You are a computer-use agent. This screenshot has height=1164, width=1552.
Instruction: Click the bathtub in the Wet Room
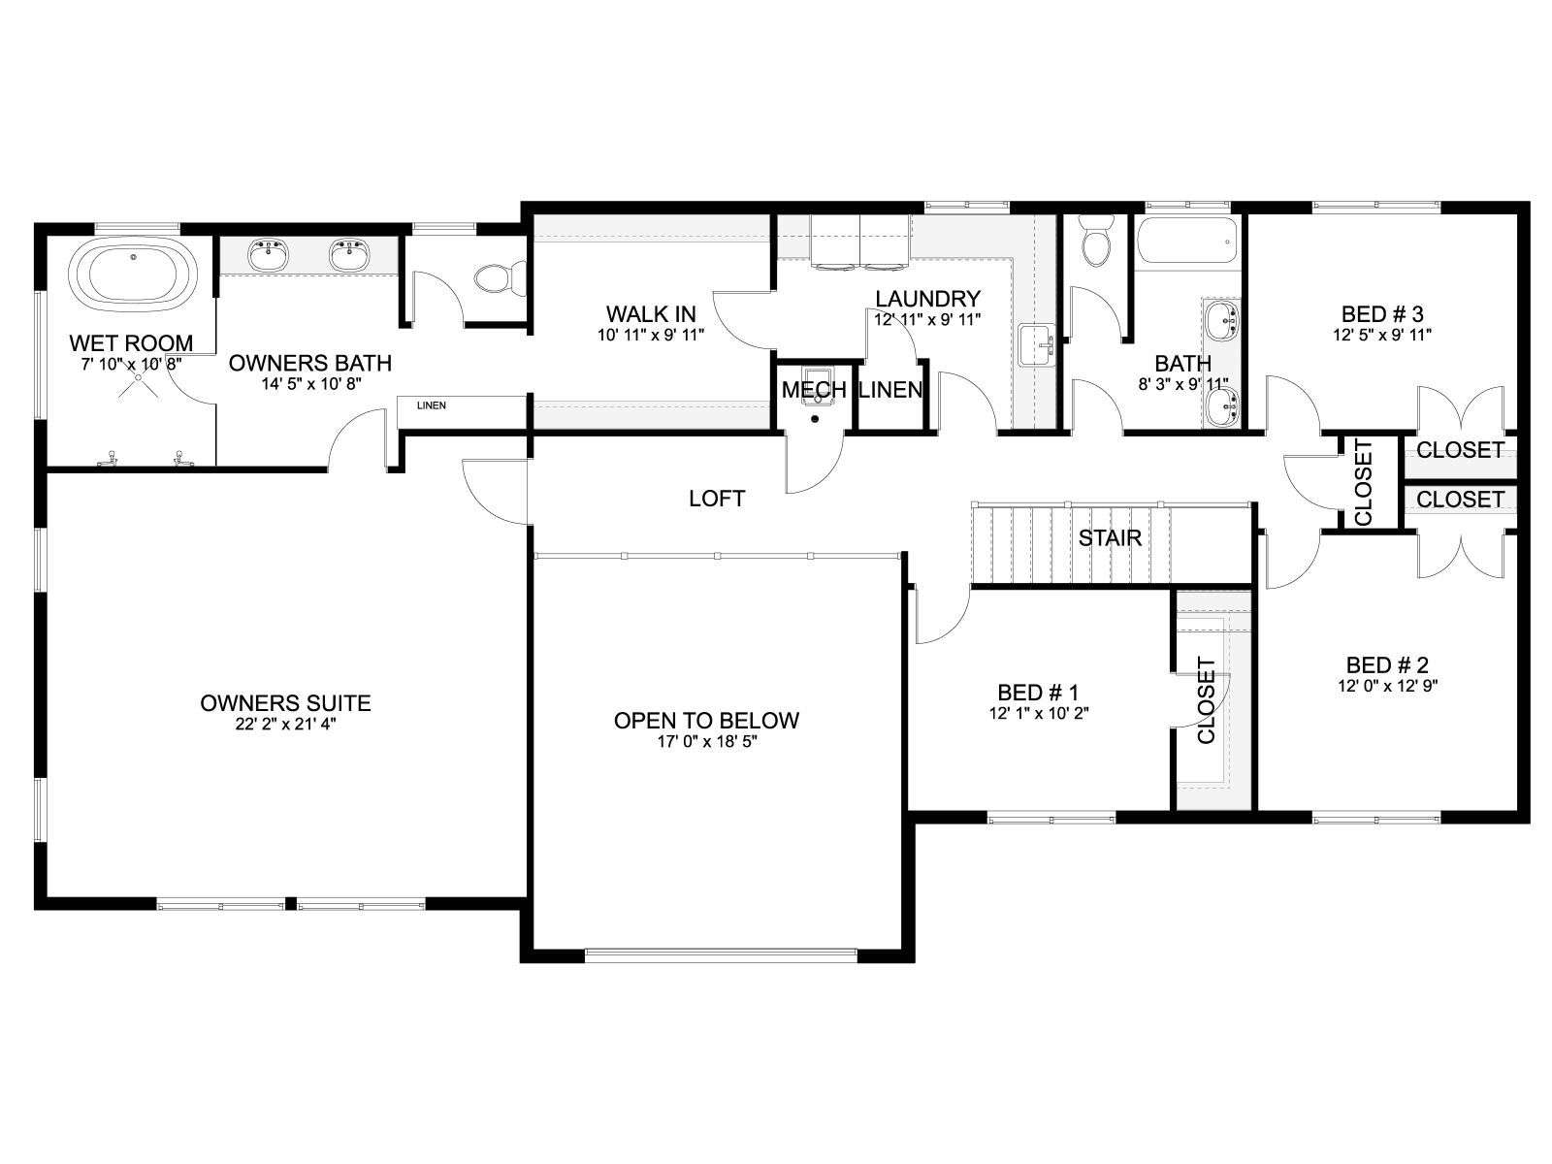tap(133, 276)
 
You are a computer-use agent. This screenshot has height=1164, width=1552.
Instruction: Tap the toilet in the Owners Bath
tap(501, 276)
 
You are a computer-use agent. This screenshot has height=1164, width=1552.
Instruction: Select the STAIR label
tap(1110, 537)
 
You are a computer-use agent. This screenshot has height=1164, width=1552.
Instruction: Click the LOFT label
tap(716, 499)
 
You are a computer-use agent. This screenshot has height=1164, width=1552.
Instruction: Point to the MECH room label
tap(814, 389)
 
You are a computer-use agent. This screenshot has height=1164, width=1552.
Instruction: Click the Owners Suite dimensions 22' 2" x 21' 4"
tap(285, 724)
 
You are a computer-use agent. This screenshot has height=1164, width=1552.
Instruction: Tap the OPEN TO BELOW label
tap(706, 720)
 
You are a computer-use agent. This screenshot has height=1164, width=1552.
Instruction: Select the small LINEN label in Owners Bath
tap(432, 405)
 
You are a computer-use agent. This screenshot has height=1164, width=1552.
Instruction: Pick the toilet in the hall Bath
tap(1096, 242)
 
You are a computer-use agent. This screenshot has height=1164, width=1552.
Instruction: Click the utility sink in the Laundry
tap(1037, 345)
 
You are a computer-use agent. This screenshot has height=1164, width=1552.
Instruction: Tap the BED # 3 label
tap(1382, 313)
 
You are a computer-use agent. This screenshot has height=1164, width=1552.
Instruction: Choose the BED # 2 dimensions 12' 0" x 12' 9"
tap(1387, 686)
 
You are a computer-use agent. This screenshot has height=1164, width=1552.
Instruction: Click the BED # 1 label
tap(1038, 692)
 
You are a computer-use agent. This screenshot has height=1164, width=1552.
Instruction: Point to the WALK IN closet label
tap(651, 313)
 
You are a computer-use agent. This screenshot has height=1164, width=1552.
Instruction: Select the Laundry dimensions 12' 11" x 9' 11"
tap(927, 319)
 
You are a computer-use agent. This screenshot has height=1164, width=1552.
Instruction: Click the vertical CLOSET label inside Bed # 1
tap(1207, 700)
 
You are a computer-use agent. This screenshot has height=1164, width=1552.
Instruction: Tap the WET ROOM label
tap(132, 342)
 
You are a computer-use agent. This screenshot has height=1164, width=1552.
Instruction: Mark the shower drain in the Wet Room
tap(140, 377)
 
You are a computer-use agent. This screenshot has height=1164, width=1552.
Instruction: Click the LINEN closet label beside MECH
tap(890, 389)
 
